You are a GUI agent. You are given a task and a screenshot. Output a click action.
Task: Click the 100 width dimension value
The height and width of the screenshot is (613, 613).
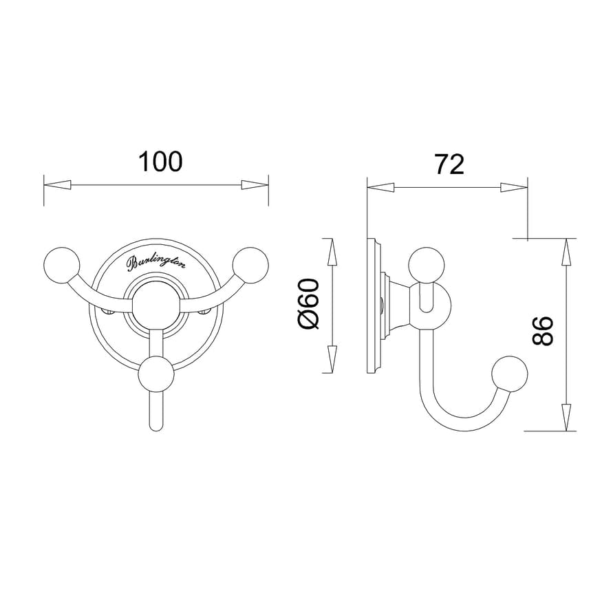(160, 162)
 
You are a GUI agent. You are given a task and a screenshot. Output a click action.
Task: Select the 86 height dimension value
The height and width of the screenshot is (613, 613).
(544, 331)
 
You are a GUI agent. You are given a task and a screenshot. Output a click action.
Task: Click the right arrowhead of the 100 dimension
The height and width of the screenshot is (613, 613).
(254, 185)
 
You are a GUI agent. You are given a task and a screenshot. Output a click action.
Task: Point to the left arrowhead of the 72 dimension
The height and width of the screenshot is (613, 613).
(380, 187)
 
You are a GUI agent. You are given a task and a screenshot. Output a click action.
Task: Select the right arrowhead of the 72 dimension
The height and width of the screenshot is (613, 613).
(514, 187)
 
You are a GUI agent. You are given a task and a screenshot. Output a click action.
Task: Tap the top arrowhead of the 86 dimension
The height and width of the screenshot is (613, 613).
(566, 252)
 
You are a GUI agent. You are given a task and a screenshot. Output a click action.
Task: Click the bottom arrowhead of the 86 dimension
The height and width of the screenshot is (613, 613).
(566, 417)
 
